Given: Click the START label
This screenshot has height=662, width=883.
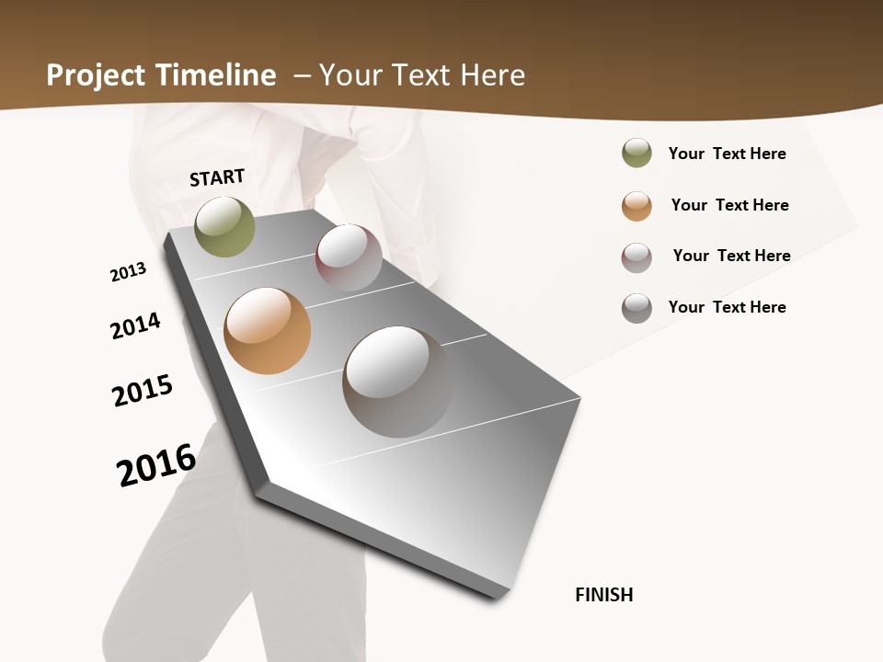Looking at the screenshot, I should point(217,177).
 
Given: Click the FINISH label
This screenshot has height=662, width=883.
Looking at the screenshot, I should point(604,595).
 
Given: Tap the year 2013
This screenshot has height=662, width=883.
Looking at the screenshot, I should point(128,272).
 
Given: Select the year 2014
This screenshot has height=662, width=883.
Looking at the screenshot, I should point(135,326).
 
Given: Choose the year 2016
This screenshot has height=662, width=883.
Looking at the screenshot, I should point(156,465).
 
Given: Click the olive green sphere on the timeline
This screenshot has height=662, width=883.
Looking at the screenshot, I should point(224,226).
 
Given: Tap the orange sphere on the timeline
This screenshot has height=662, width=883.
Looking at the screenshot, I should point(267,331).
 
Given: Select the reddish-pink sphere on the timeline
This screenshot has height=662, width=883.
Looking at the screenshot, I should point(349,257).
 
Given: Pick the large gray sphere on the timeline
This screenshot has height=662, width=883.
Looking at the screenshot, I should point(397,382).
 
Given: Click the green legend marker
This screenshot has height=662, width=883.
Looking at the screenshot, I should point(636,153).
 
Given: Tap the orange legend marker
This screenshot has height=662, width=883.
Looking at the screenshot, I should point(636,206).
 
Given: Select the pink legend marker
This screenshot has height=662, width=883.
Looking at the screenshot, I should point(636,257).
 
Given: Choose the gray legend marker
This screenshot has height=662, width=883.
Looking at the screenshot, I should point(636,308).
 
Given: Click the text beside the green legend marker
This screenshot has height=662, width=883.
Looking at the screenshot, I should point(727,154).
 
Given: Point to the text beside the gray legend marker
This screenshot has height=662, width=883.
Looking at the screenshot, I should point(727,307).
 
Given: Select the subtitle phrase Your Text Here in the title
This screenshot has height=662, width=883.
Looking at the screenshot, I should point(422,75).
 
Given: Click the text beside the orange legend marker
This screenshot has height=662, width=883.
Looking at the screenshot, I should point(729,205).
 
